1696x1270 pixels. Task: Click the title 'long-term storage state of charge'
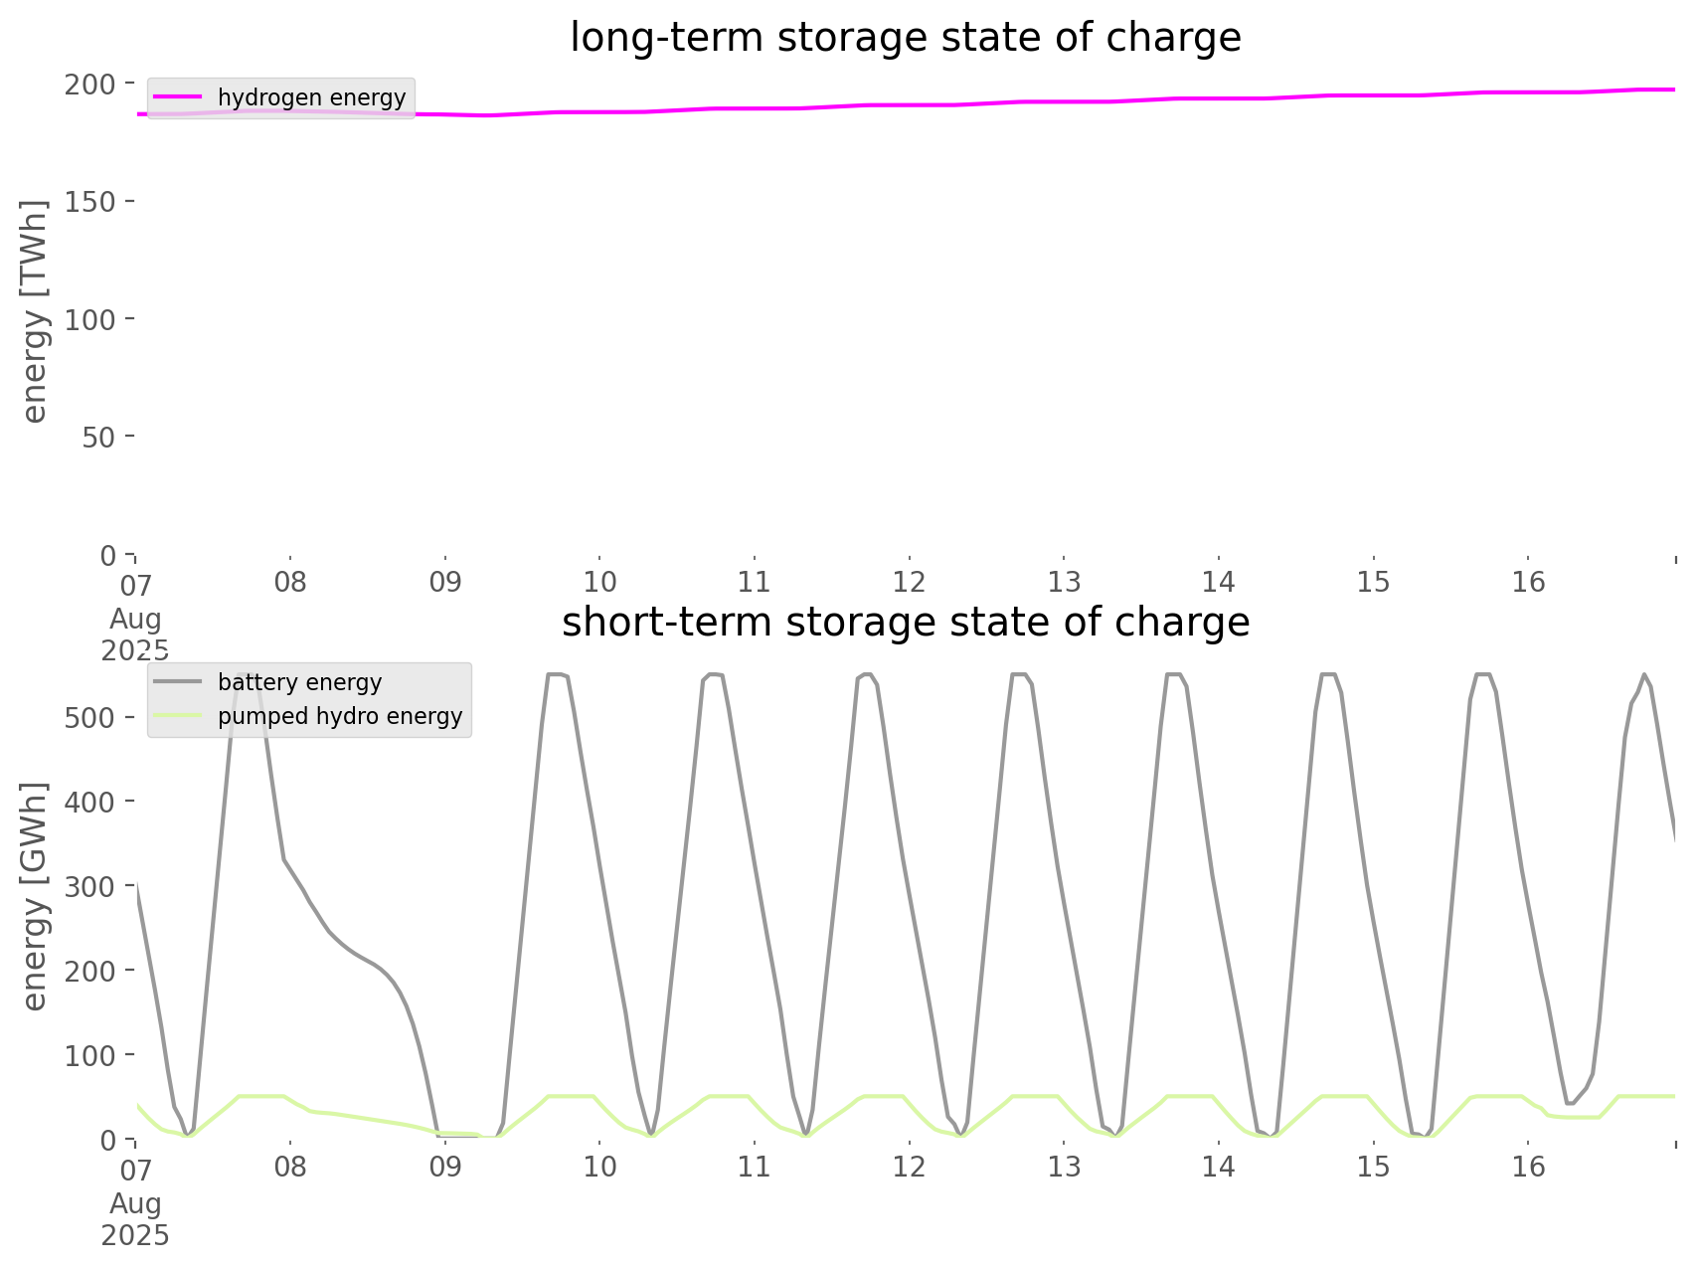[905, 38]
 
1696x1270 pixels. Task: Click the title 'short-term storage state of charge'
[905, 622]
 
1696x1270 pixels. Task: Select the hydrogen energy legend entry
[311, 97]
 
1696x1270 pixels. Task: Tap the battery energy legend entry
[299, 682]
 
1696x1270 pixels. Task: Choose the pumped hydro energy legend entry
[339, 716]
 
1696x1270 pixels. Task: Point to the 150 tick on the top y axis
[90, 202]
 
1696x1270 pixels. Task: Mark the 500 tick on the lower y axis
[90, 718]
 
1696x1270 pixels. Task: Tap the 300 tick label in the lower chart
[90, 886]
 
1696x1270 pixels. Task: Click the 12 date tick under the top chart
[909, 582]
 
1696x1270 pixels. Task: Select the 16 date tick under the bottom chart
[1528, 1166]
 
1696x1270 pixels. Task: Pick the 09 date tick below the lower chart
[445, 1166]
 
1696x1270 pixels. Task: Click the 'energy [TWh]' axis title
[35, 311]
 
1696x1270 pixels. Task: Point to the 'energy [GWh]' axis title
[35, 896]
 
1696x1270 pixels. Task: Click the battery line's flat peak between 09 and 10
[557, 675]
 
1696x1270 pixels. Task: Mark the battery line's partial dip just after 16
[1570, 1103]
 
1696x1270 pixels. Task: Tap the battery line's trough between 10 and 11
[651, 1133]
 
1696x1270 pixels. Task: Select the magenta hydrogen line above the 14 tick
[1219, 98]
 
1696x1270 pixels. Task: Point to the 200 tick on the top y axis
[90, 85]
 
